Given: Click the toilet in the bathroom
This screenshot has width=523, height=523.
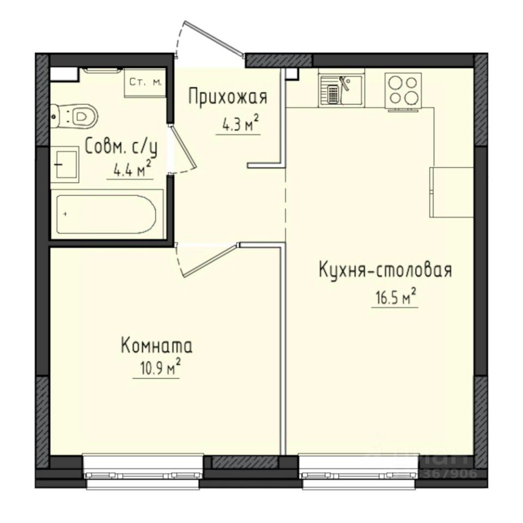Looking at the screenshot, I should point(76,115).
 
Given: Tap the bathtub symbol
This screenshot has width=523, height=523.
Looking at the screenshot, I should point(107,214).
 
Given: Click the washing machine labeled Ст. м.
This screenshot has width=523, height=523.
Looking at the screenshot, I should point(145,83).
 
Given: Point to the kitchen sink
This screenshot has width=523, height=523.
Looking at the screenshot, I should point(342,89).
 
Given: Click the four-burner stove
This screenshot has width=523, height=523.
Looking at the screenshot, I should point(403,89).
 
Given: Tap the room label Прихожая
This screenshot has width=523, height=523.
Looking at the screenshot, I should point(228,98).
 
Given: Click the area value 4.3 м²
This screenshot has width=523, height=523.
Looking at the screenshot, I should point(239,125).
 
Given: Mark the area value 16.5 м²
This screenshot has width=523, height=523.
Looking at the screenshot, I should point(394,298).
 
